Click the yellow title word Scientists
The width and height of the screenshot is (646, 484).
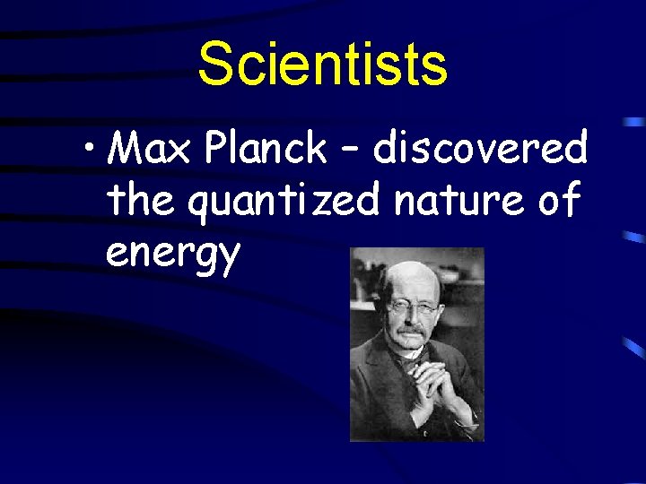322,65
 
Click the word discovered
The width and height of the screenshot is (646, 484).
480,148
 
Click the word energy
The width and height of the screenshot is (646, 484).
172,254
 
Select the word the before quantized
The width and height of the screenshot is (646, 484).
144,201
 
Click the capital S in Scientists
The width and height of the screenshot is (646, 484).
215,65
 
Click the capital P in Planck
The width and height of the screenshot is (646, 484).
215,148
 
